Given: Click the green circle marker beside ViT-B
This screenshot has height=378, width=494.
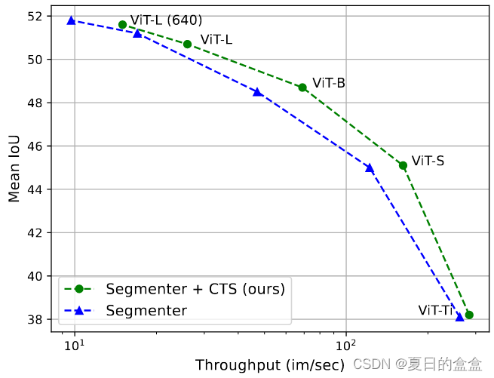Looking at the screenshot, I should tap(302, 88).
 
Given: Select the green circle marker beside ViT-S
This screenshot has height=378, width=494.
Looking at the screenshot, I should tap(403, 165).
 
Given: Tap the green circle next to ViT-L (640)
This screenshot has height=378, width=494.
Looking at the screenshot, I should tap(122, 25).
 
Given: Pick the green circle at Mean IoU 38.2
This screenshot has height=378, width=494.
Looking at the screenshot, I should tap(469, 315).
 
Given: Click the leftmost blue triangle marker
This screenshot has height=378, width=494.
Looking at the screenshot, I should tap(71, 20).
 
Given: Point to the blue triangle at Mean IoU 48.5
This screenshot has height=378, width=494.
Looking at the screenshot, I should tap(257, 92).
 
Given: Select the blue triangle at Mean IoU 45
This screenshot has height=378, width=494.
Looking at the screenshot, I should tap(370, 168).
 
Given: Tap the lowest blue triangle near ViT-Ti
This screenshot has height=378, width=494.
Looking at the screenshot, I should tap(460, 318).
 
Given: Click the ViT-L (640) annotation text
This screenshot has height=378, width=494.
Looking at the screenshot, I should tap(166, 20).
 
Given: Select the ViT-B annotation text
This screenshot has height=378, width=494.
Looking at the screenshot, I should tap(329, 83).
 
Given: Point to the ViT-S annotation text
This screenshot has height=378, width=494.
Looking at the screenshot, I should tap(428, 161).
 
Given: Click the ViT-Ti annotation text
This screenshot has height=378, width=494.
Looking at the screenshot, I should tap(435, 310).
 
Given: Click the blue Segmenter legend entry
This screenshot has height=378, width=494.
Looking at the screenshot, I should tap(146, 310).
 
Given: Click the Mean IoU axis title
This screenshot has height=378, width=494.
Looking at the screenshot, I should tap(15, 174).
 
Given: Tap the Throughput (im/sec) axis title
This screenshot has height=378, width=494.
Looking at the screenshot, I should tap(270, 365).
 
